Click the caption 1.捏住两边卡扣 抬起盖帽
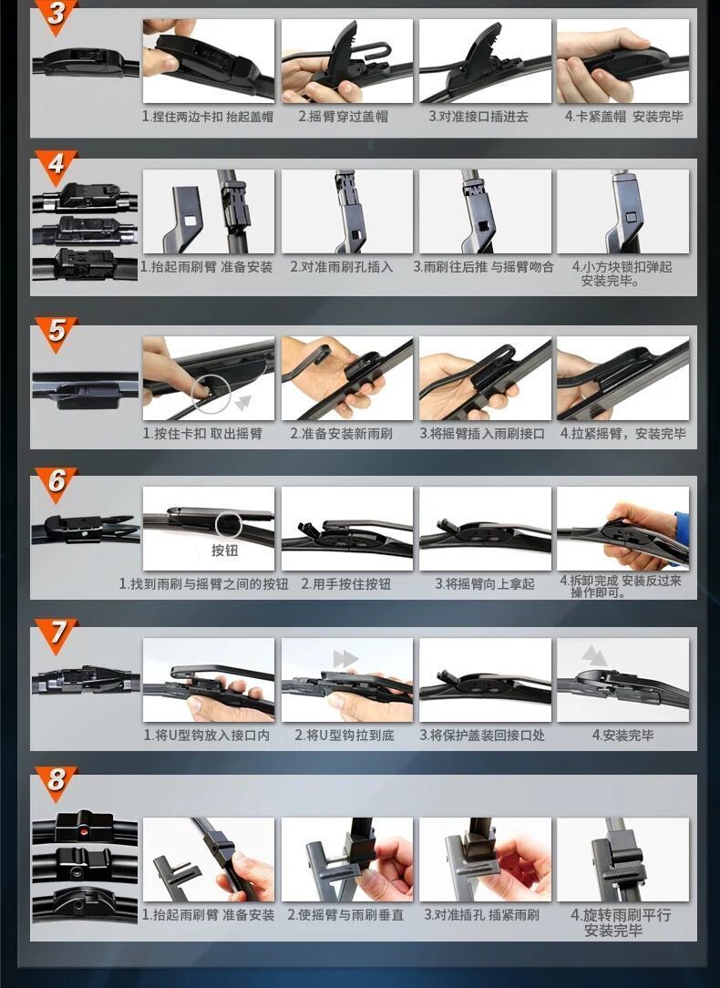point(207,117)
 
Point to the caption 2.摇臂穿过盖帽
point(344,117)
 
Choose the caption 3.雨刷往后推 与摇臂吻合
point(483,267)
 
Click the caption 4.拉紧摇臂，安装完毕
point(623,434)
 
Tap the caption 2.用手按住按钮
point(345,584)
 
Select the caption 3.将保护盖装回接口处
point(482,736)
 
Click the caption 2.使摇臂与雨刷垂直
point(345,915)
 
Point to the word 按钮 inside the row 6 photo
point(225,551)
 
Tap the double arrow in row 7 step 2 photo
point(345,659)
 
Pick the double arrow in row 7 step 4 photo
point(594,655)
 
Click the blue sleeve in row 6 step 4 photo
point(683,530)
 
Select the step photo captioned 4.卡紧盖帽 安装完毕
point(623,60)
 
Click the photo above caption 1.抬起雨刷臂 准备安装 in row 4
point(209,211)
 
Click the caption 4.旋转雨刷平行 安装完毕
point(621,922)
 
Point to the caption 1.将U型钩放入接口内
point(207,736)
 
